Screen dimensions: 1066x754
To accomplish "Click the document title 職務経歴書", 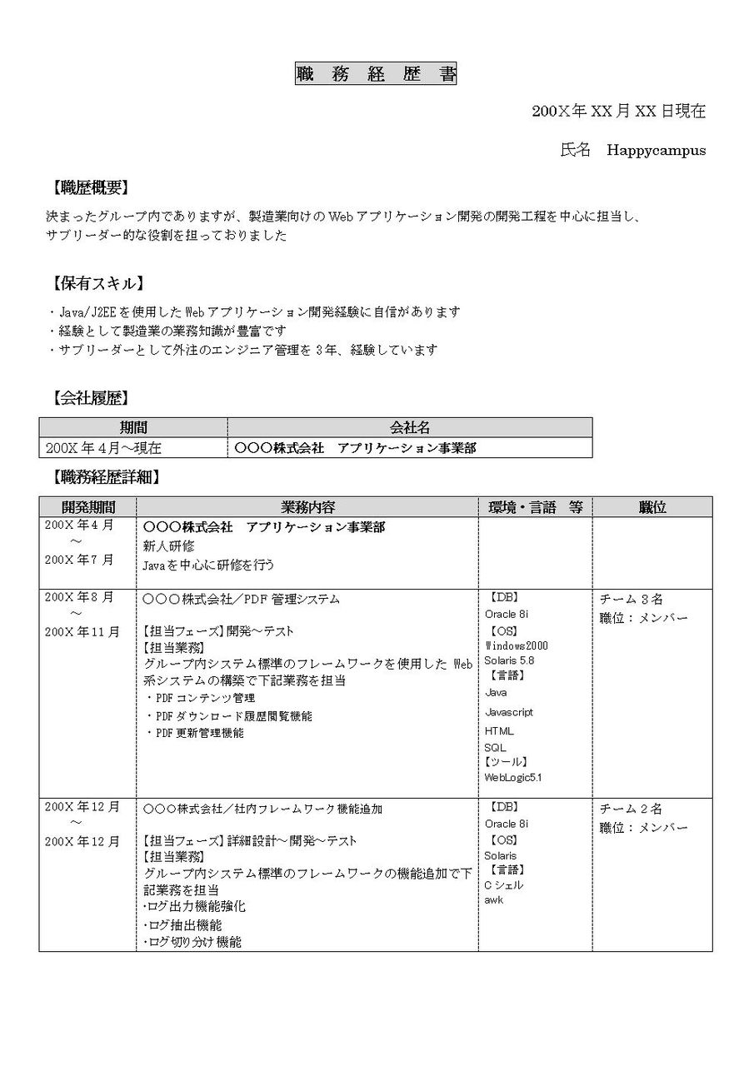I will click(376, 74).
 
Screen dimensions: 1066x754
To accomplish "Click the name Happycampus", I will click(656, 151).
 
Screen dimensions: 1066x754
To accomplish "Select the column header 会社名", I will click(410, 428).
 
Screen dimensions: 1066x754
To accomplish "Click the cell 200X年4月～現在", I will click(104, 448).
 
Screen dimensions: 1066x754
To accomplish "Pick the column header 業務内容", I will click(307, 507).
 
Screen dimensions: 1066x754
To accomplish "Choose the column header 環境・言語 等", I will click(535, 507).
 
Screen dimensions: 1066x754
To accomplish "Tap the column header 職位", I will click(652, 507).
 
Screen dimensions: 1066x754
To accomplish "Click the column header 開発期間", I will click(87, 507).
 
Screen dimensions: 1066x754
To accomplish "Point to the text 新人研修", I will click(168, 546).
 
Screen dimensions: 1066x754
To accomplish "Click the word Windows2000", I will click(517, 645).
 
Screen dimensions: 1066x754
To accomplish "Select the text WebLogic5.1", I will click(513, 777).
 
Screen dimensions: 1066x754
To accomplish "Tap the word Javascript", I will click(509, 712).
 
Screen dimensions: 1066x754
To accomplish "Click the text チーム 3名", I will click(631, 600).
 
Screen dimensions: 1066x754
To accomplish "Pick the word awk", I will click(493, 899).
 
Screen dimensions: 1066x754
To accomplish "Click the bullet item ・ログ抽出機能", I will click(183, 925).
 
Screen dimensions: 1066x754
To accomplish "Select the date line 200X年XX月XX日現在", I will click(619, 112).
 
